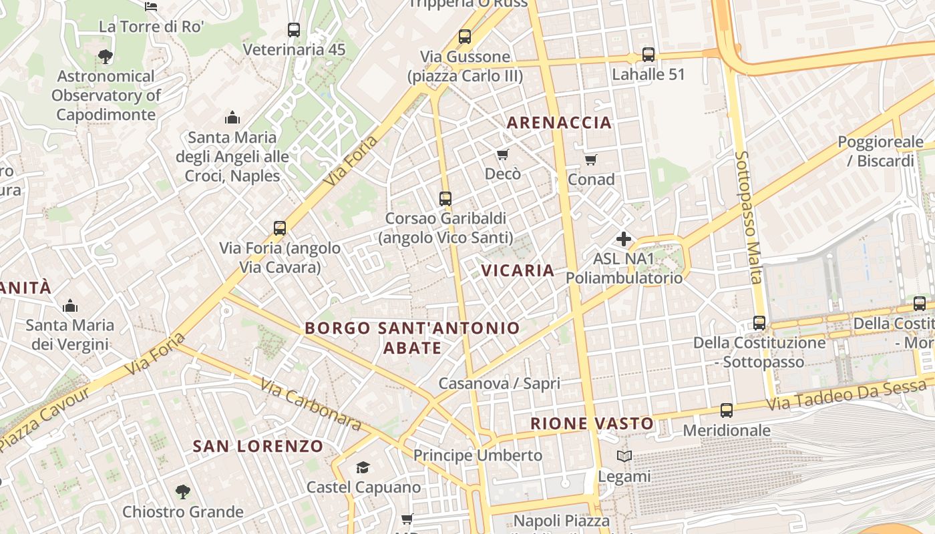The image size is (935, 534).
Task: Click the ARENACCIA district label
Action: [559, 122]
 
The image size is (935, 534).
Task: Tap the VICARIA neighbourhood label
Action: [518, 270]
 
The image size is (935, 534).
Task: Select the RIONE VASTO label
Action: [592, 423]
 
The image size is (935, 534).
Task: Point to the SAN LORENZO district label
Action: [258, 446]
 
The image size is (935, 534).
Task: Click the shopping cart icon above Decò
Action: [503, 155]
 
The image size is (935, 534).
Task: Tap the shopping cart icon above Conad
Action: [590, 160]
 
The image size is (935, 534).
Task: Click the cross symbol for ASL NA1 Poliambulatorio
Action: [624, 239]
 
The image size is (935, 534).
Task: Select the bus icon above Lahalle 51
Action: [648, 55]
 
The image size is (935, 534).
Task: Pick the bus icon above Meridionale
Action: [727, 411]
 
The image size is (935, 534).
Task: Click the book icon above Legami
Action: [624, 457]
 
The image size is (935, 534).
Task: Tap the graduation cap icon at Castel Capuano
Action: [363, 467]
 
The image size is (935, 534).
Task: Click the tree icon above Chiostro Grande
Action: [182, 493]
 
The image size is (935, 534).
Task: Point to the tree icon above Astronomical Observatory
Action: [105, 57]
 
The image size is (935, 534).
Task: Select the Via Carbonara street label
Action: [311, 405]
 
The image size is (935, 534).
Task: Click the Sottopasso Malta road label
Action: [748, 217]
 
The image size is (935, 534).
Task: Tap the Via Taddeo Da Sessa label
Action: [847, 394]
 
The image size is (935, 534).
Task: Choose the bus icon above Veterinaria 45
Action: [294, 30]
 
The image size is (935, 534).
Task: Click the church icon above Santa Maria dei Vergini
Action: [69, 306]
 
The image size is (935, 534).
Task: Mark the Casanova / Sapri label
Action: [499, 383]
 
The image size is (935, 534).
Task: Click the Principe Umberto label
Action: [478, 455]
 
